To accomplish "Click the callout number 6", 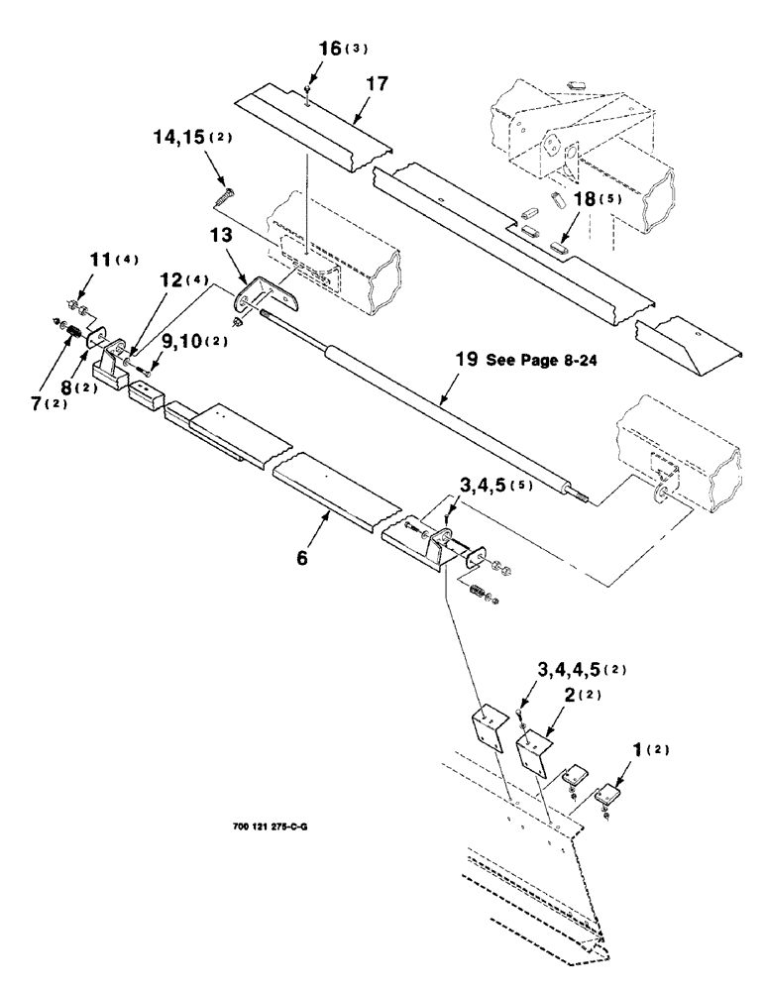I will (302, 558).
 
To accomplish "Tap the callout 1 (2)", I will (648, 749).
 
